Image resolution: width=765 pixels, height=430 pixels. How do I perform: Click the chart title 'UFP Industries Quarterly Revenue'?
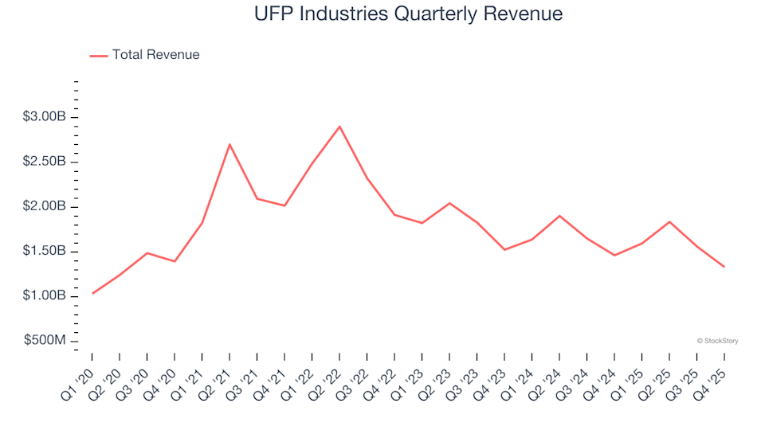click(408, 14)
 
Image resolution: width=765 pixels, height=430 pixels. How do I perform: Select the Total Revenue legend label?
click(155, 55)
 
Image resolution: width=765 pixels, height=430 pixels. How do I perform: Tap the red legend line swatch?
click(99, 55)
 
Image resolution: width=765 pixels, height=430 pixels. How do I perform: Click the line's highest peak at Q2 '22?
click(339, 126)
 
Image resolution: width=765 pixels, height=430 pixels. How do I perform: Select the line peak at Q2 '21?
click(229, 144)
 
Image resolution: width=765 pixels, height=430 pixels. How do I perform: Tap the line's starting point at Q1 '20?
click(92, 294)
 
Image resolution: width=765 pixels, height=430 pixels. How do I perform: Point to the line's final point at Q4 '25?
click(724, 267)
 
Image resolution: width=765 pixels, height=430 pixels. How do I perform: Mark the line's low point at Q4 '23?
click(504, 250)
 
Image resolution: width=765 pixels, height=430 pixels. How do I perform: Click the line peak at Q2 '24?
click(559, 216)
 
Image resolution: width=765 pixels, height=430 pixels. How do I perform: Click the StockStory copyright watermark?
click(717, 341)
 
